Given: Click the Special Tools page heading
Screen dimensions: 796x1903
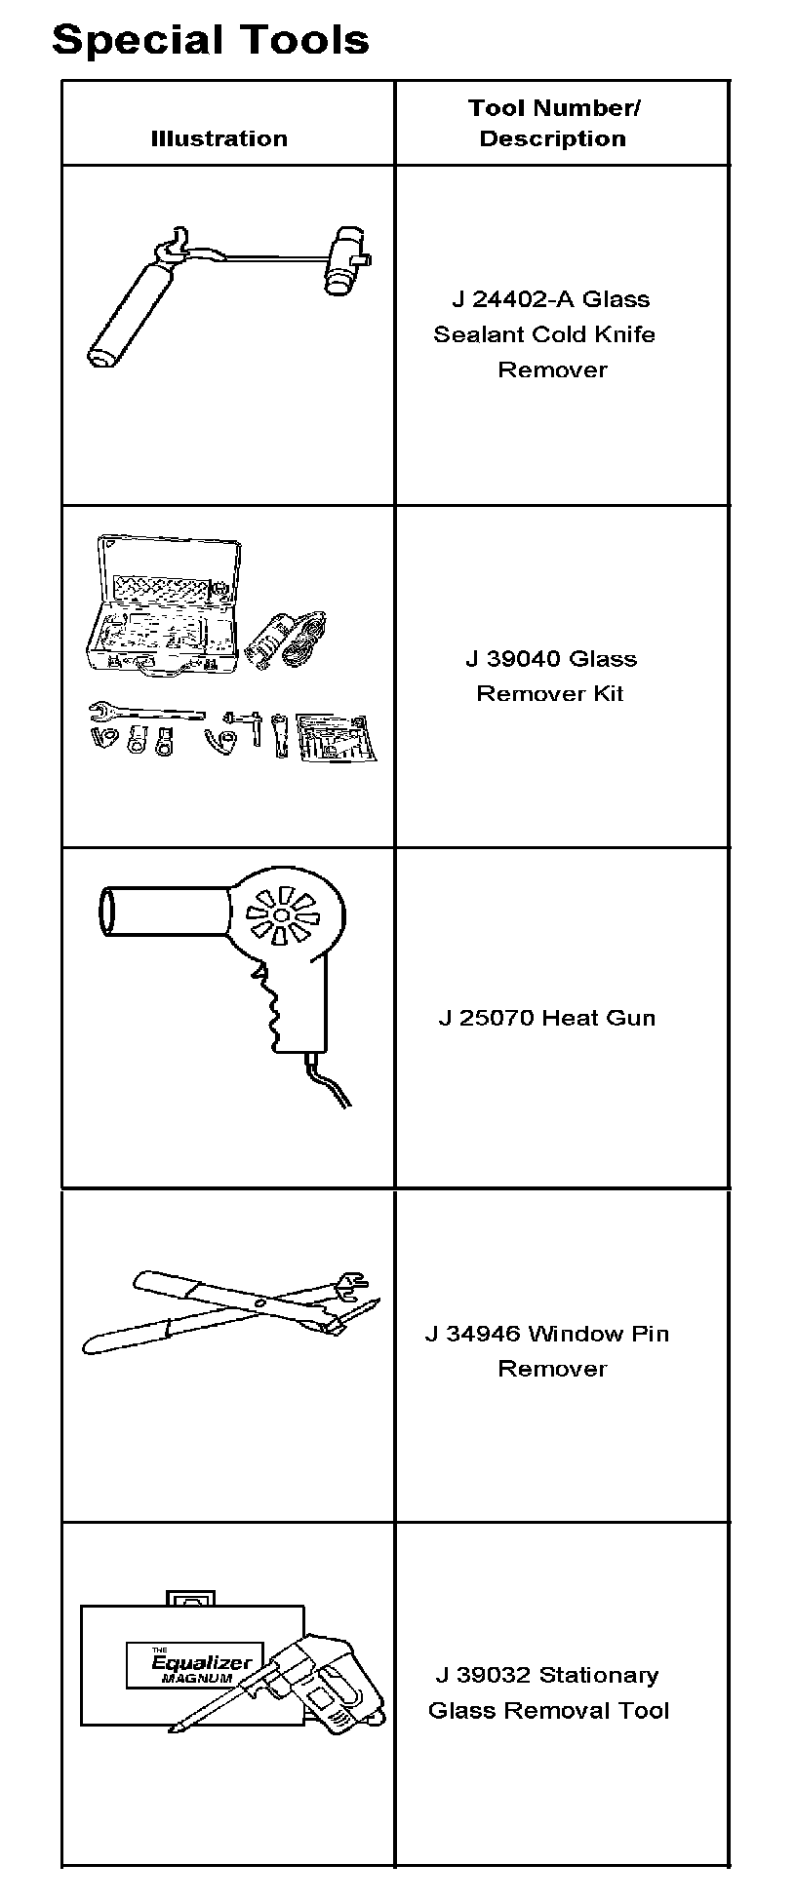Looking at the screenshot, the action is (x=211, y=41).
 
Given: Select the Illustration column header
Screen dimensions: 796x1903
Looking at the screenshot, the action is (x=219, y=138).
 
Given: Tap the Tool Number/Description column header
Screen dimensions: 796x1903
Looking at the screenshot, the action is (x=553, y=123).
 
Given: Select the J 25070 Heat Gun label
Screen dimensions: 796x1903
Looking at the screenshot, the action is (x=546, y=1018).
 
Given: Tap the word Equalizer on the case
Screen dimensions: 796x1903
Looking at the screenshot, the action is (x=202, y=1663).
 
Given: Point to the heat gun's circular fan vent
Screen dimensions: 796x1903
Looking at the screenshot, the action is (x=281, y=915).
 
